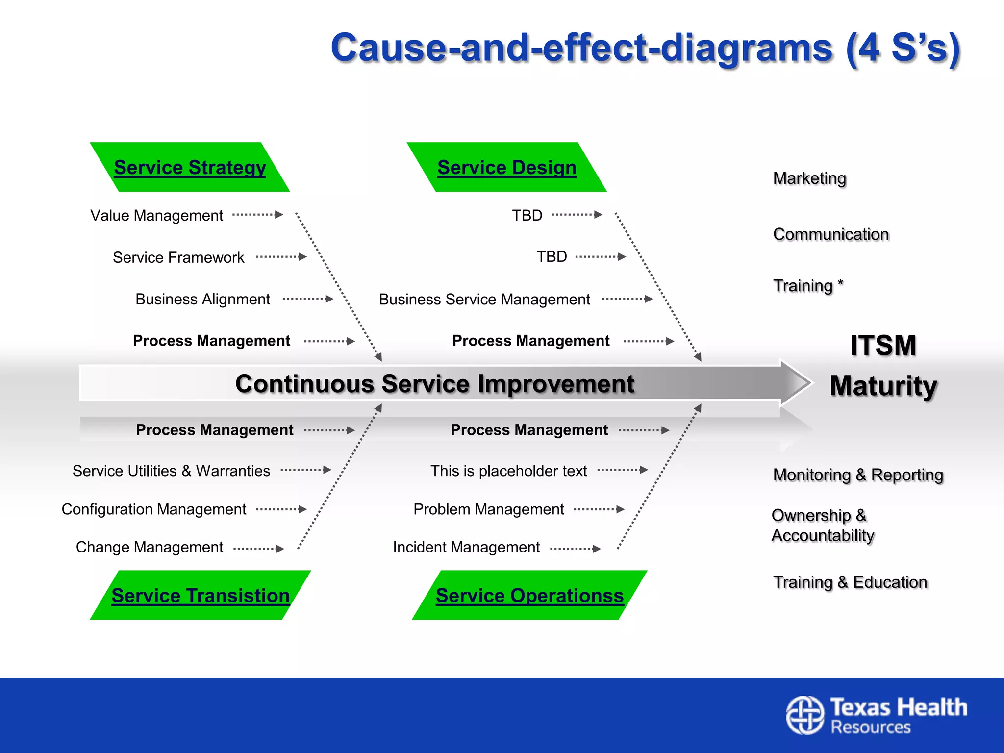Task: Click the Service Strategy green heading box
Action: coord(190,167)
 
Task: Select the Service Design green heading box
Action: coord(506,167)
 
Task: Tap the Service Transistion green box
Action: coord(201,595)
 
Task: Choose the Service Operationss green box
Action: coord(529,595)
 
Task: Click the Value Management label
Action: coord(156,215)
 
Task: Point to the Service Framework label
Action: coord(178,257)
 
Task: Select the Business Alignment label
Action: coord(202,299)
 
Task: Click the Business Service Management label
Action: coord(484,299)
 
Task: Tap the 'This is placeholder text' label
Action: coord(508,471)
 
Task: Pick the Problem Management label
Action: coord(489,509)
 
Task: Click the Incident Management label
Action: coord(466,547)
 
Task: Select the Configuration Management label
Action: coord(154,509)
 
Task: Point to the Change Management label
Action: coord(150,547)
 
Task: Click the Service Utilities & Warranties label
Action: coord(171,471)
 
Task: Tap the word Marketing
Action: coord(809,178)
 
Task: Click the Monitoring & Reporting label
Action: coord(858,475)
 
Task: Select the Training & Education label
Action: coord(850,582)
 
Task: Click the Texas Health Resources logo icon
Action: coord(805,715)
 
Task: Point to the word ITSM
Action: coord(883,345)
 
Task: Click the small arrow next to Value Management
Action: coord(258,215)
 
